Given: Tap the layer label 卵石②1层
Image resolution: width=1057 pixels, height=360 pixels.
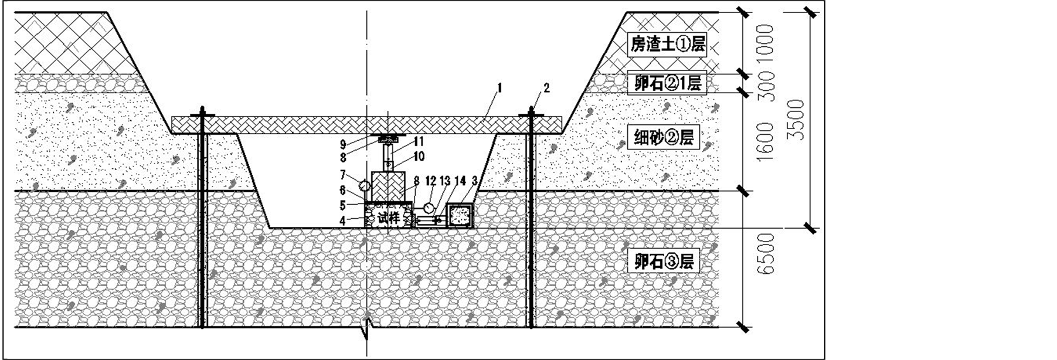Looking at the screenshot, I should click(x=667, y=83).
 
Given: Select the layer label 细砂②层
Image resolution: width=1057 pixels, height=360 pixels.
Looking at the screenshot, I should click(x=665, y=138).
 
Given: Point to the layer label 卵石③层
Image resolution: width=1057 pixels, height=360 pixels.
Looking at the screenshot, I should click(x=664, y=261).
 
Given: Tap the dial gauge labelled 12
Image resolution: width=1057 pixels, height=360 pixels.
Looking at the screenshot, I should click(x=429, y=209).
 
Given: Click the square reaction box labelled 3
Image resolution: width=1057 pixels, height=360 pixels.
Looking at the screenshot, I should click(x=460, y=215).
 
